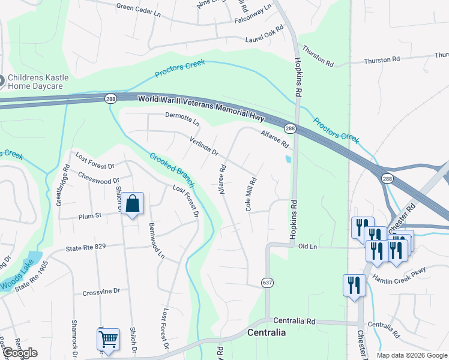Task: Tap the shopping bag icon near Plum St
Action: [133, 204]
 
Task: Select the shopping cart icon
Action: [108, 339]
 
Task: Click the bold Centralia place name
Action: [267, 332]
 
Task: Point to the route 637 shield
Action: [267, 282]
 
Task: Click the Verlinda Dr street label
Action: [204, 145]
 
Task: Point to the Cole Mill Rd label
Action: [252, 193]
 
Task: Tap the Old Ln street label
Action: [307, 247]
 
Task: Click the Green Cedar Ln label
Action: [139, 7]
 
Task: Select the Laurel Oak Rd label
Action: [264, 35]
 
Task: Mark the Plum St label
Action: [89, 217]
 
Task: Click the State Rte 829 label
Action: [86, 248]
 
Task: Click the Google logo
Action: [20, 353]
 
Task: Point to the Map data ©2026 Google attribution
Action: [411, 355]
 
